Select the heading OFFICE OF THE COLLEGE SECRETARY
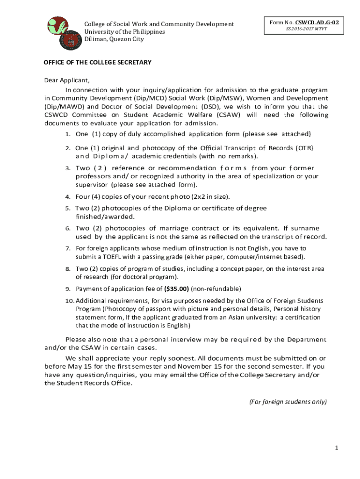(x=97, y=62)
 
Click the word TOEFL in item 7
(x=108, y=257)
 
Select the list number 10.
(x=69, y=301)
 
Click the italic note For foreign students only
(x=288, y=402)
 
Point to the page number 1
(x=336, y=448)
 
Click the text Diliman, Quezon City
(x=114, y=39)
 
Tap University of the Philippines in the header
(x=124, y=31)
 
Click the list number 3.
(x=68, y=168)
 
